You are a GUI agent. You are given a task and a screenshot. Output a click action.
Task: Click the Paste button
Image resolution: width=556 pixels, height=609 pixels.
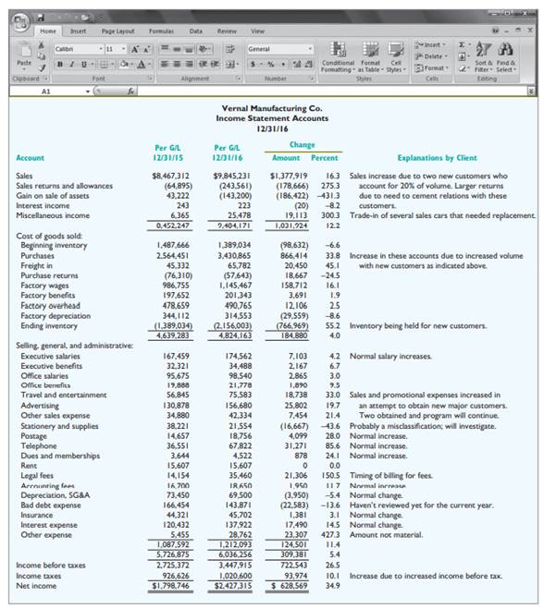point(26,56)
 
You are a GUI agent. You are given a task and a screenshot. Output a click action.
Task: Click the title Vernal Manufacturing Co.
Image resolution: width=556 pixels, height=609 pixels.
point(278,109)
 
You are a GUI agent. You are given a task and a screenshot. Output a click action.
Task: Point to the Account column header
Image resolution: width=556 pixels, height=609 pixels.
point(31,158)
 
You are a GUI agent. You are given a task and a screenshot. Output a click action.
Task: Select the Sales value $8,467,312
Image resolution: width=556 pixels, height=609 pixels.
point(168,176)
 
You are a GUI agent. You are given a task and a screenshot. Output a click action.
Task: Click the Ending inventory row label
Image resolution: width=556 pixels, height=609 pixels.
point(49,325)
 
